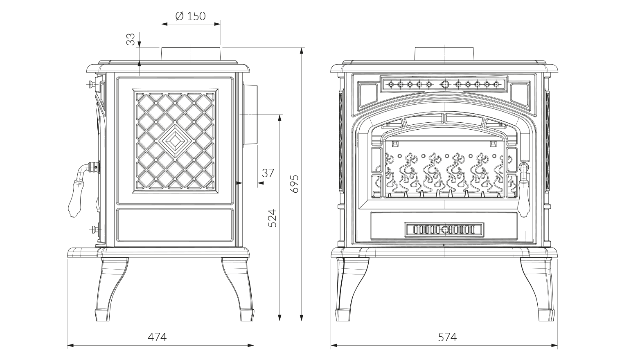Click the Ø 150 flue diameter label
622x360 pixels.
[191, 16]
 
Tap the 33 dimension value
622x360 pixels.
[131, 39]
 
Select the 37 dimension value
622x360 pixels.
[268, 173]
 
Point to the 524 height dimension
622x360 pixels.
[273, 218]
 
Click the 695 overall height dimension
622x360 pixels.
[294, 183]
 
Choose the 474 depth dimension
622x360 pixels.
[157, 337]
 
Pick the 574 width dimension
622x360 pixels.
[447, 337]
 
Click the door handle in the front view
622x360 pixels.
[523, 188]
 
